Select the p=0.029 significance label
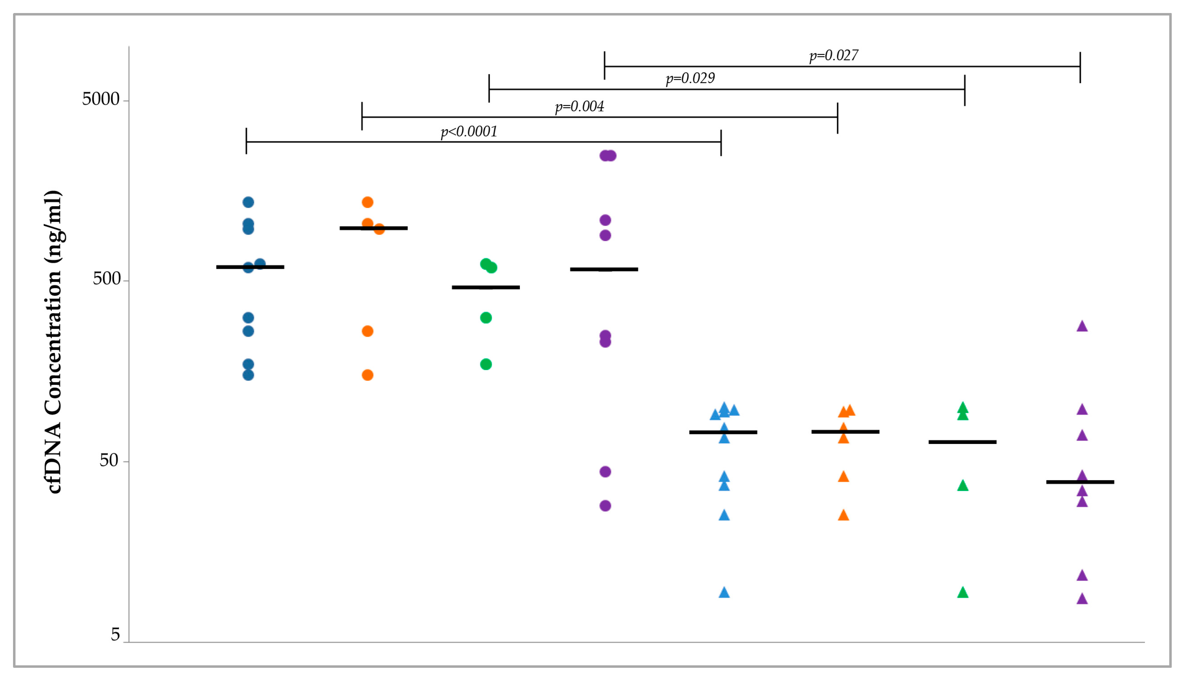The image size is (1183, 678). point(690,78)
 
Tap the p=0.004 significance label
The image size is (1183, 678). point(579,107)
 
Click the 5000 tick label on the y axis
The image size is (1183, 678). point(101,99)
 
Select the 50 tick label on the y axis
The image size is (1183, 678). point(108,460)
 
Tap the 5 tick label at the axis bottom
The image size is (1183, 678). point(115,634)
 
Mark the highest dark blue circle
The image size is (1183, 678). point(248,202)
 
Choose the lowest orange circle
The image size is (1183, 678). point(367,375)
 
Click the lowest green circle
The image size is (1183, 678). point(486,364)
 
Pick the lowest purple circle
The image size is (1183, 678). point(605,506)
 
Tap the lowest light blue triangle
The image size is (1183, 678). point(724,593)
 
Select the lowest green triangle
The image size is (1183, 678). point(963,593)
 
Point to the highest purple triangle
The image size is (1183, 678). point(1082,326)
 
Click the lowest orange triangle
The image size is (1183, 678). point(843,515)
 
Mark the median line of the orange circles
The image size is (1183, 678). point(374,228)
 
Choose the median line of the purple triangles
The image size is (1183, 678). point(1080,482)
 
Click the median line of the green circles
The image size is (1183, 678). point(486,287)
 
